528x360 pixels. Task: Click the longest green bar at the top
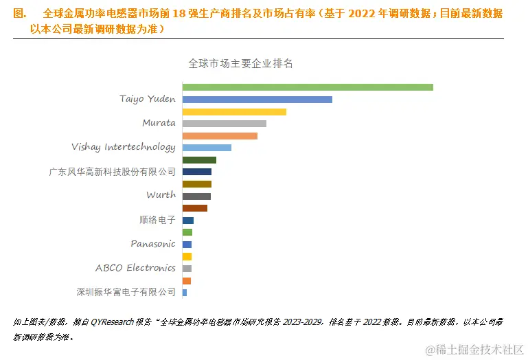[x=307, y=87]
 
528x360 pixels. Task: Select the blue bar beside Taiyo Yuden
[x=257, y=100]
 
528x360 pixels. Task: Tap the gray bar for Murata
[x=224, y=124]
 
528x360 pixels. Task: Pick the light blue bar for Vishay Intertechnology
[x=207, y=148]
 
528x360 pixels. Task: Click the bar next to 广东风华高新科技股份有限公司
[x=197, y=172]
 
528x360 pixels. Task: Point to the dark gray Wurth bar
[x=196, y=196]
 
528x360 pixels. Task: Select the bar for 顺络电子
[x=188, y=221]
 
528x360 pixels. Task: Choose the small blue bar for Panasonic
[x=187, y=245]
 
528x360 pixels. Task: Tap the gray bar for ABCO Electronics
[x=187, y=269]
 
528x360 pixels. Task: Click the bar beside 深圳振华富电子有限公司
[x=185, y=293]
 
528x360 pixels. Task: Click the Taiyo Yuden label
[x=147, y=99]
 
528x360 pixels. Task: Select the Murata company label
[x=159, y=123]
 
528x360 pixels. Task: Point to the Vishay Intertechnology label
[x=124, y=147]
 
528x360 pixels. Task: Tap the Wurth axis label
[x=161, y=195]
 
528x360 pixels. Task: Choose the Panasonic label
[x=153, y=244]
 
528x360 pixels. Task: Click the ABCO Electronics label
[x=135, y=268]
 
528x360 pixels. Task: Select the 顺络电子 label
[x=157, y=220]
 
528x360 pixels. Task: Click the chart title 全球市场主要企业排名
[x=241, y=63]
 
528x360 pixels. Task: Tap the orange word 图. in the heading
[x=20, y=14]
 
